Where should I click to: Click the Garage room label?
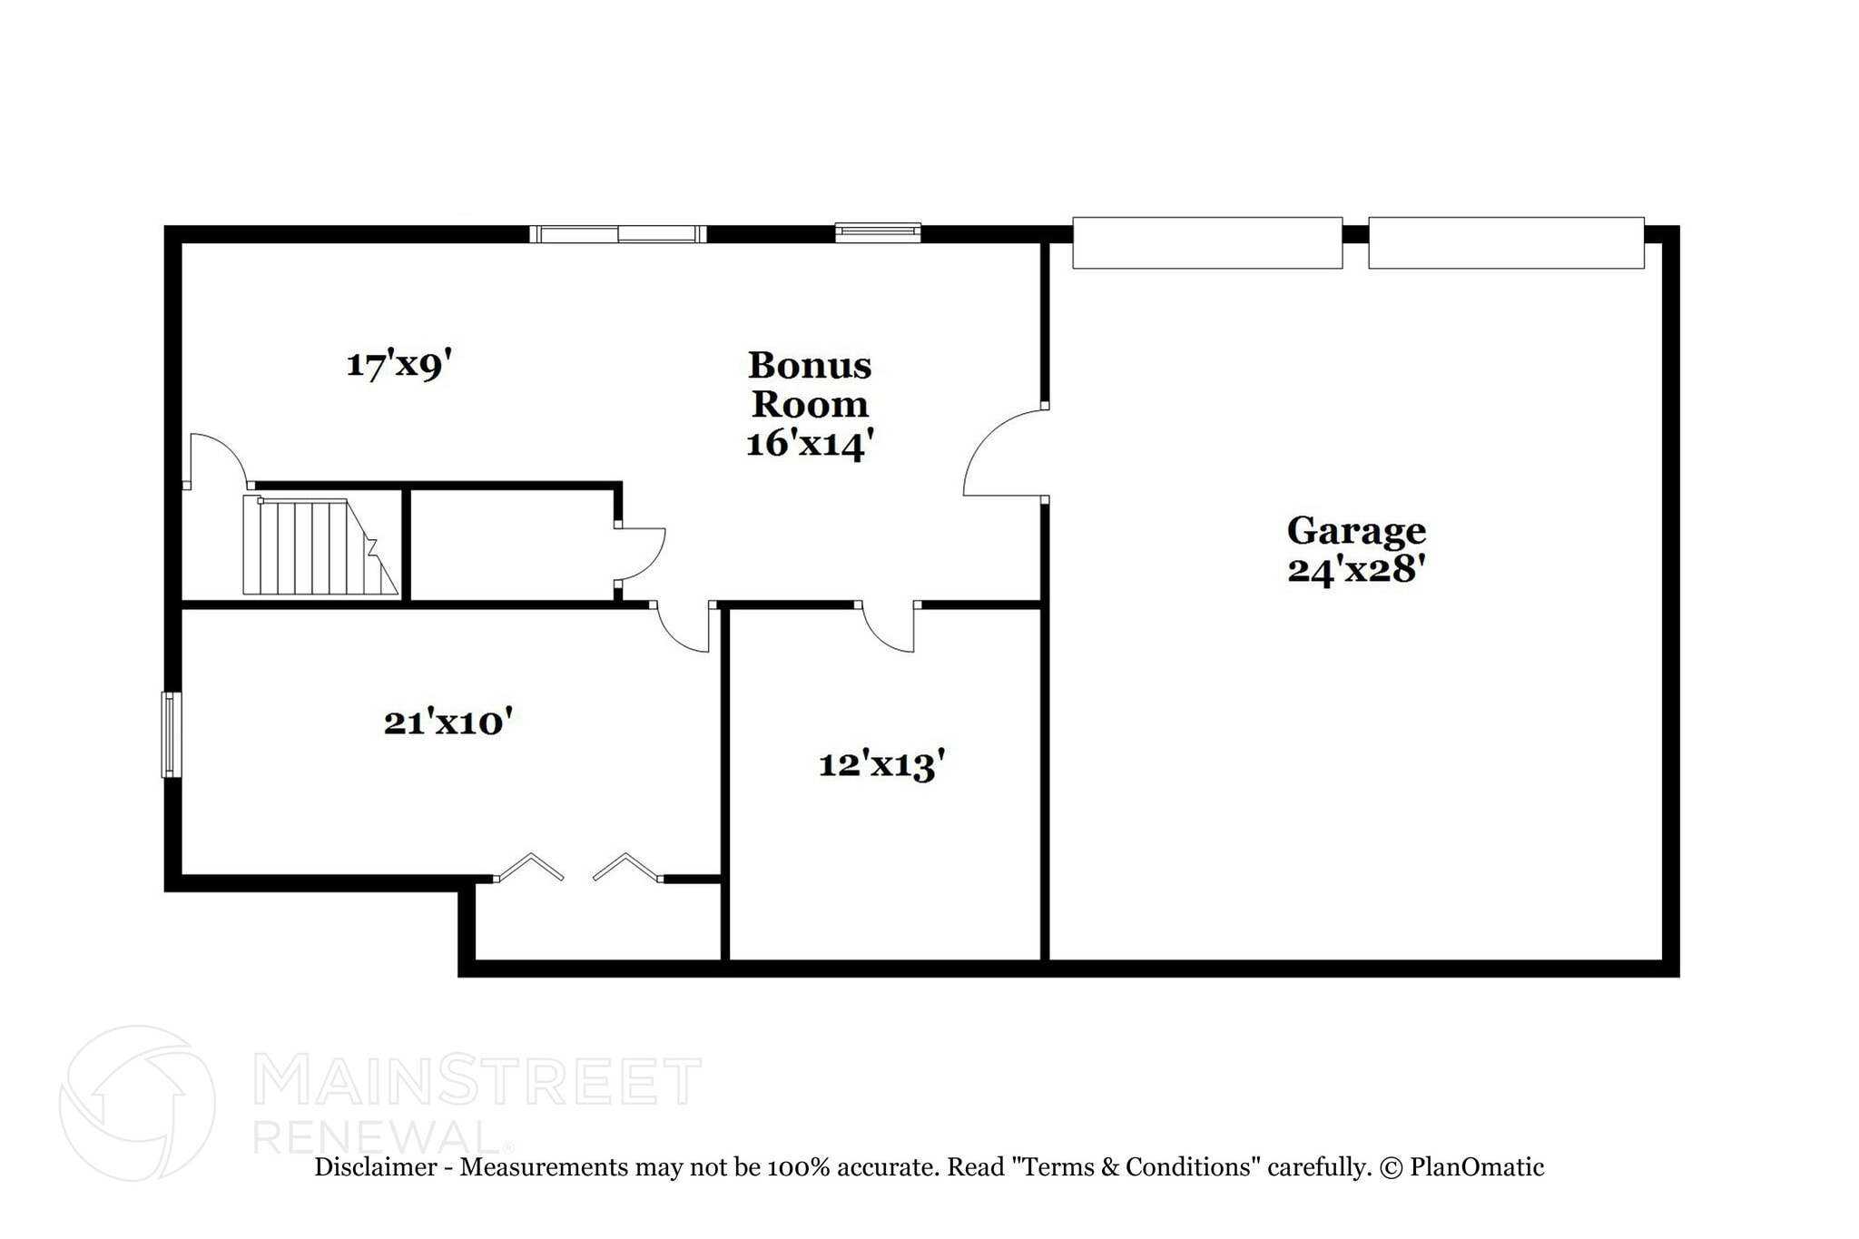click(1356, 530)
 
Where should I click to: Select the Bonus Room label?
click(809, 385)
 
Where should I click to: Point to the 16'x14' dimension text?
click(809, 444)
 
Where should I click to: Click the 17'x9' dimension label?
click(398, 365)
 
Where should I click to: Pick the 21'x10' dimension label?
click(448, 723)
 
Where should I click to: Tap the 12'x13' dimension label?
click(881, 764)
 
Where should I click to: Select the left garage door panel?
click(1207, 242)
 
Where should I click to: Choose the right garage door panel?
click(1506, 242)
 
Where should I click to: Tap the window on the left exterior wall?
click(171, 734)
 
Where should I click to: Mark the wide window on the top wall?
click(617, 234)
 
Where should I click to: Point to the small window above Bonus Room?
click(878, 232)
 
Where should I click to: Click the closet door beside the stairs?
click(640, 553)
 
